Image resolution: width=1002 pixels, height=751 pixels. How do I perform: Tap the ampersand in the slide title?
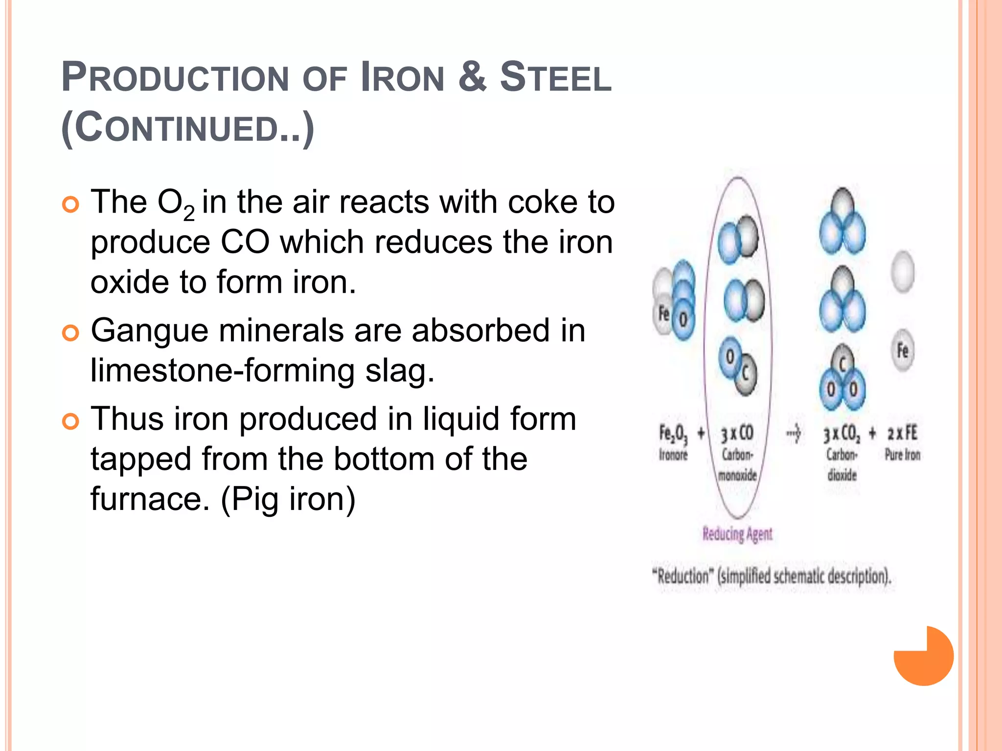click(x=472, y=77)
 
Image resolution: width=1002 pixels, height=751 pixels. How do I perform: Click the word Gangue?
click(x=149, y=331)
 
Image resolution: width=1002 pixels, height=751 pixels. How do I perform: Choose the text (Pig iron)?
click(x=289, y=499)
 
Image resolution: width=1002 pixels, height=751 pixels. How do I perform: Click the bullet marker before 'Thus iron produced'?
click(x=71, y=421)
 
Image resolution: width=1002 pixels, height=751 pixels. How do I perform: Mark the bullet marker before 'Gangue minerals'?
click(x=71, y=333)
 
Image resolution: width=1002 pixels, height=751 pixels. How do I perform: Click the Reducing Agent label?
click(x=737, y=534)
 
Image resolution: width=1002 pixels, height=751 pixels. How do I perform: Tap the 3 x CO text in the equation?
click(x=737, y=434)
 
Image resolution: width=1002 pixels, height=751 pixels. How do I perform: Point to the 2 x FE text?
click(x=903, y=434)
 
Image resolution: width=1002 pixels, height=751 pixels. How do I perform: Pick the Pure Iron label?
click(x=903, y=455)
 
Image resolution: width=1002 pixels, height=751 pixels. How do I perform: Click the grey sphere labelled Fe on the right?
click(x=903, y=351)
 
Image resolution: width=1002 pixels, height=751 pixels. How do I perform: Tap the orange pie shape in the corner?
click(x=924, y=656)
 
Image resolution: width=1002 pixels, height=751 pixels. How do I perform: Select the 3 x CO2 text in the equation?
click(x=841, y=434)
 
